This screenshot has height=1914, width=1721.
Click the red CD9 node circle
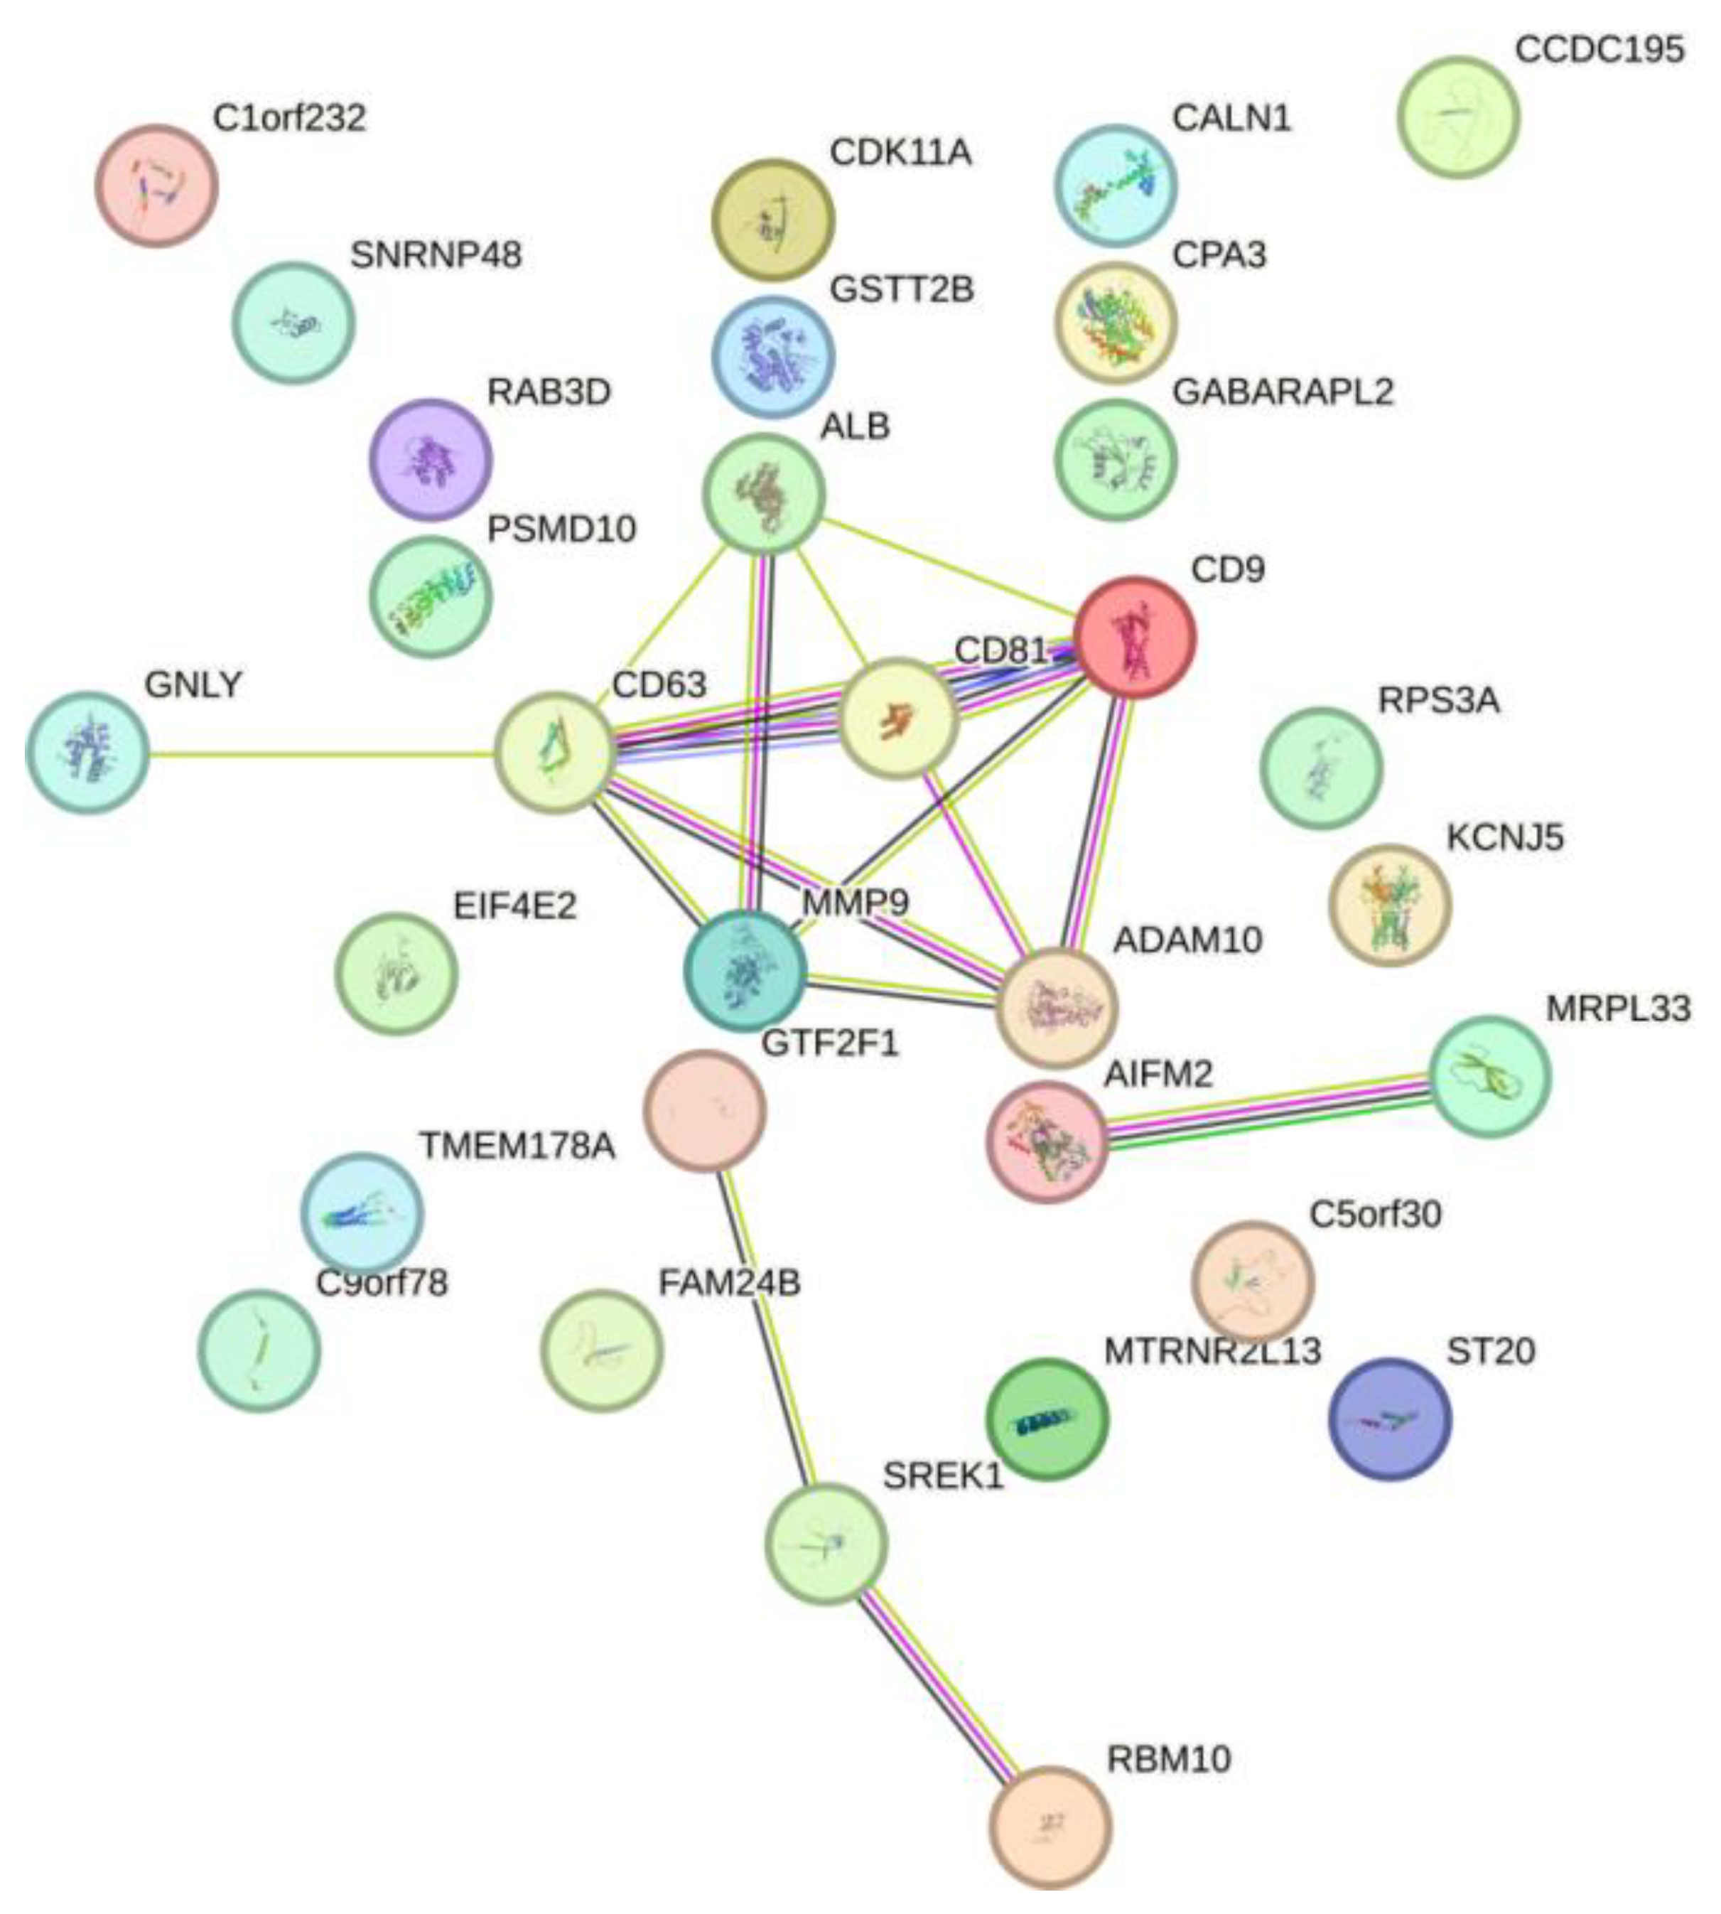1135,638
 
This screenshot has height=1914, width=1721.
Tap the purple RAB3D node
431,460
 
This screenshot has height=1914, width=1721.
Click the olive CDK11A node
772,220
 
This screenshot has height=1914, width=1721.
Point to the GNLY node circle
87,753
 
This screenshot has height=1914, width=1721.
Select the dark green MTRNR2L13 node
1047,1419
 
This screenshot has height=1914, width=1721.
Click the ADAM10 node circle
1057,1008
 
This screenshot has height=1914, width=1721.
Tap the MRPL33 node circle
1490,1076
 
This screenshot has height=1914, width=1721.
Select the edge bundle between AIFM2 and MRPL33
1267,1107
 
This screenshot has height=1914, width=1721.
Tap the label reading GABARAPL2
1283,392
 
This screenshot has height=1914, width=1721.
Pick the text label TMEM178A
517,1146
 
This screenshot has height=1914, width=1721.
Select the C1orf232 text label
289,118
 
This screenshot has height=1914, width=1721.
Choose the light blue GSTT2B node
772,357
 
